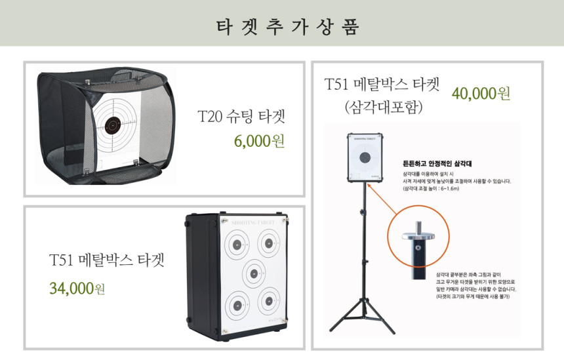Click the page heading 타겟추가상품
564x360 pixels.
[282, 25]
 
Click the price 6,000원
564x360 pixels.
[259, 141]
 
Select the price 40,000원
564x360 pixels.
[481, 93]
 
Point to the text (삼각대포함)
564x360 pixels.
[384, 106]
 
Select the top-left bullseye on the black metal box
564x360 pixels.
[236, 246]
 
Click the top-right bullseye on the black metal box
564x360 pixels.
[268, 245]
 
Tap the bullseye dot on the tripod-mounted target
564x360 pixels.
[365, 159]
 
